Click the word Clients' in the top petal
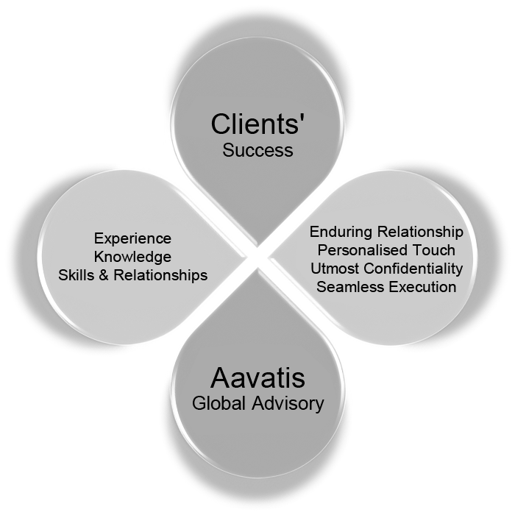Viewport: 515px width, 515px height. coord(257,124)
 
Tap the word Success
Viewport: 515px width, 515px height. coord(257,151)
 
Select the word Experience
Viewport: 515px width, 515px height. coord(132,239)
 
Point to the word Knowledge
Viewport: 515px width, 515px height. coord(132,257)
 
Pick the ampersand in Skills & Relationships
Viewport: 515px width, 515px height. coord(106,274)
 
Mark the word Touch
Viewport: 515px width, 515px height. coord(434,250)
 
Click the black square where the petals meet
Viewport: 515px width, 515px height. coord(257,257)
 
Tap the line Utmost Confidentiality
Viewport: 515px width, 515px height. coord(386,269)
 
